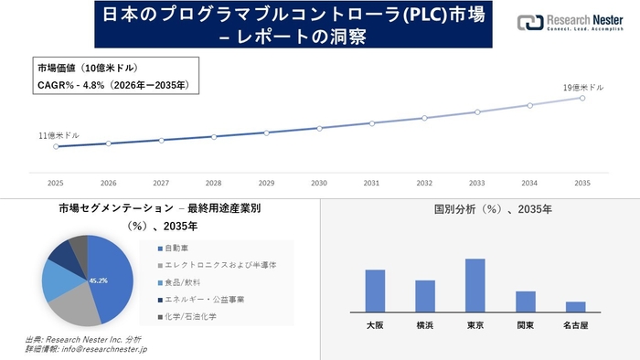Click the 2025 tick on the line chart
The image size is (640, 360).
(x=56, y=183)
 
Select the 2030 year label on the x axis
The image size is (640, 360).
(x=318, y=183)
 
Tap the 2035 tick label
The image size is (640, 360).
(x=582, y=183)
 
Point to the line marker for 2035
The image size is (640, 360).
(x=582, y=97)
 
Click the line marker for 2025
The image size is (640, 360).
(x=56, y=146)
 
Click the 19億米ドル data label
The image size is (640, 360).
(x=582, y=87)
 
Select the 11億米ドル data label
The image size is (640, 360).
(x=59, y=135)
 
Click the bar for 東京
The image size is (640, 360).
(x=475, y=285)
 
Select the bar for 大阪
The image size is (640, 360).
(x=375, y=291)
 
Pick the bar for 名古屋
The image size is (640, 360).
(x=575, y=306)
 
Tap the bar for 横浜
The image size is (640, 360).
(x=425, y=296)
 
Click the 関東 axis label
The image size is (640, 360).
(x=525, y=324)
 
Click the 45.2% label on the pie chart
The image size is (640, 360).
(x=99, y=281)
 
